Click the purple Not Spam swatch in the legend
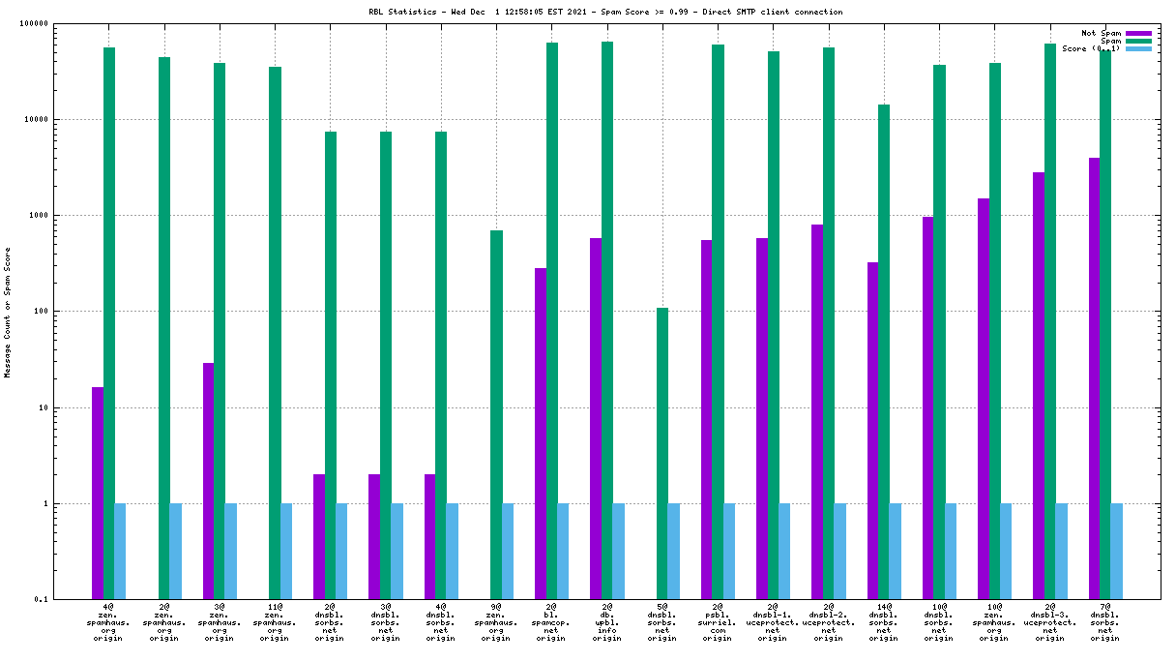[x=1138, y=33]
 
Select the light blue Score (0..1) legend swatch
[x=1138, y=48]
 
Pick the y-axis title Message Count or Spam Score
[x=8, y=312]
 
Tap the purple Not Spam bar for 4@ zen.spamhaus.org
[x=98, y=493]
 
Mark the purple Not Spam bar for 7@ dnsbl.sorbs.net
[x=1095, y=378]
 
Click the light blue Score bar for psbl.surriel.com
[x=729, y=551]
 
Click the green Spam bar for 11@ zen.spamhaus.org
[x=275, y=333]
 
